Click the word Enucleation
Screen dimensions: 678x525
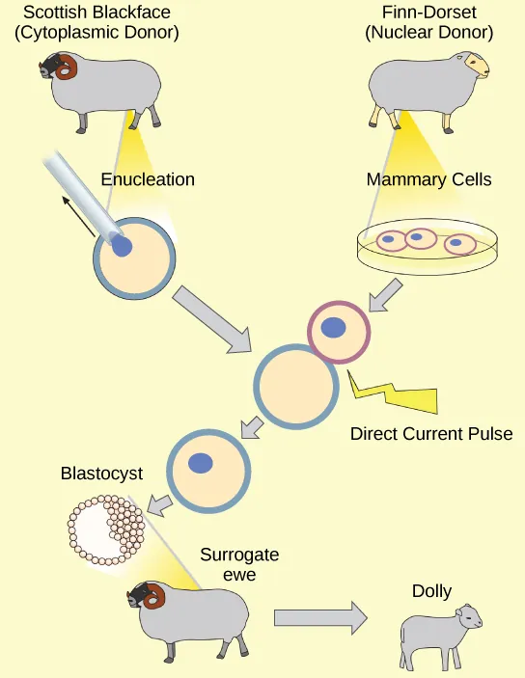(148, 179)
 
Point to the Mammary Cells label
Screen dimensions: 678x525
(428, 180)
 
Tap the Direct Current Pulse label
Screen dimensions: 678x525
(430, 433)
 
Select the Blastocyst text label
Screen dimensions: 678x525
(101, 474)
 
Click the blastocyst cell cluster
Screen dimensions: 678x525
(106, 527)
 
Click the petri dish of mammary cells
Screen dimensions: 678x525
(428, 245)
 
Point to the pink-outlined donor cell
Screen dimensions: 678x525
(338, 330)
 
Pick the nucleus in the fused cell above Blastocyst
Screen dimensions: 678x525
(201, 463)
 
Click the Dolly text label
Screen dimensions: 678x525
(431, 591)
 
